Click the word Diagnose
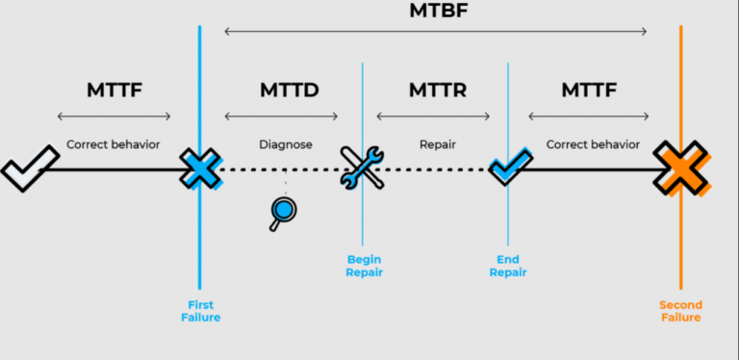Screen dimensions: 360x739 285,145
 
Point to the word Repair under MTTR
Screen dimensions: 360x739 437,145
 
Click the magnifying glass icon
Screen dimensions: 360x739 281,213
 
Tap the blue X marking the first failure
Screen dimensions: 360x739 200,169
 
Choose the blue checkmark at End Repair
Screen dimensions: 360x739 506,167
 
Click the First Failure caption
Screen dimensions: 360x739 199,310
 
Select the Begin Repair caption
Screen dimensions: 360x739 364,266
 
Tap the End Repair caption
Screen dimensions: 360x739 507,266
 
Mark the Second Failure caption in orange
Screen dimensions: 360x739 679,310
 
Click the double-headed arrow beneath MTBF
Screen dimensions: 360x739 435,32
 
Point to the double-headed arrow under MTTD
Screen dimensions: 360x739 281,117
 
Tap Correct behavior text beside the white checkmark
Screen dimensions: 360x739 114,145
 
